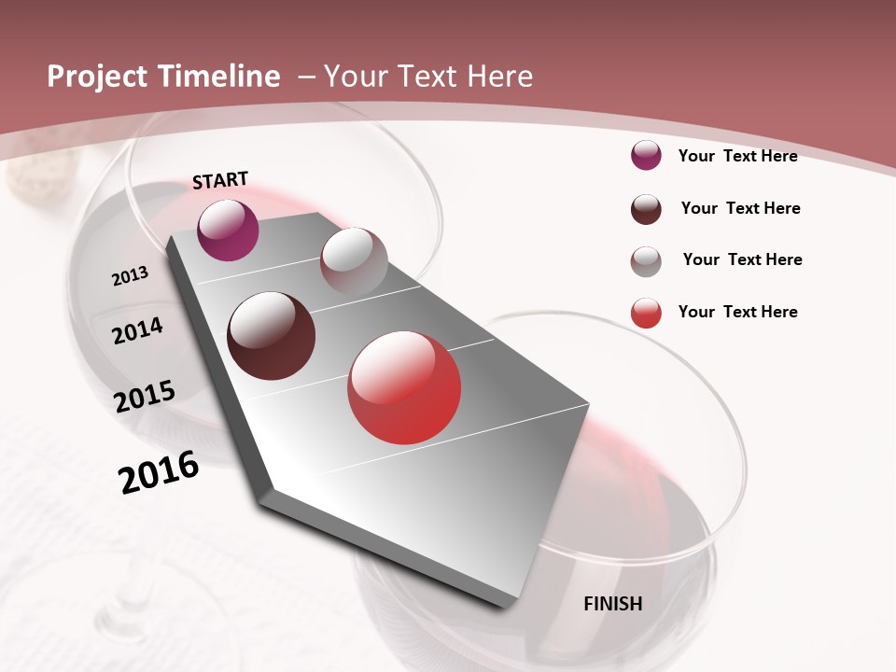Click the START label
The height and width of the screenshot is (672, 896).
tap(220, 180)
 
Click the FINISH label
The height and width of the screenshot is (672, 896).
tap(613, 604)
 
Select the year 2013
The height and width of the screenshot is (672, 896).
tap(130, 275)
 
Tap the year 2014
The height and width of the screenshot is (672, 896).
tap(137, 330)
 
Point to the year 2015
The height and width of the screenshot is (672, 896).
tap(145, 397)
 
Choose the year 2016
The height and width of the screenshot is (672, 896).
tap(159, 472)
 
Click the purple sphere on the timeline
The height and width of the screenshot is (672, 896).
tap(228, 230)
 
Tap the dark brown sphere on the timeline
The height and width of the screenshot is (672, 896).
tap(272, 336)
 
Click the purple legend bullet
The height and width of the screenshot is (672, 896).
tap(646, 155)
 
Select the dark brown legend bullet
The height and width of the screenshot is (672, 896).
tap(646, 209)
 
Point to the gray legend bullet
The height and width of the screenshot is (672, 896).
tap(646, 261)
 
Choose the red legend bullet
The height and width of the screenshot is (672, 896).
tap(646, 313)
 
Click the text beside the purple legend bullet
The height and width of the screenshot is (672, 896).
tap(737, 156)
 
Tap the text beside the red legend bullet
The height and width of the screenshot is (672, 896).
tap(737, 312)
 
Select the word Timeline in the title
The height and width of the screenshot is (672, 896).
tap(220, 77)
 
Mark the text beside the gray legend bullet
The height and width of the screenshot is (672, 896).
tap(742, 259)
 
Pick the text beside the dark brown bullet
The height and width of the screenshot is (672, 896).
tap(740, 208)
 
